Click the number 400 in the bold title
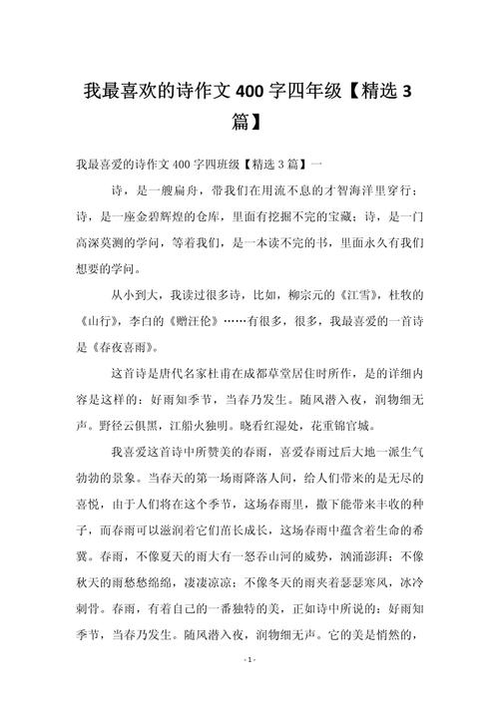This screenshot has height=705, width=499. click(255, 94)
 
